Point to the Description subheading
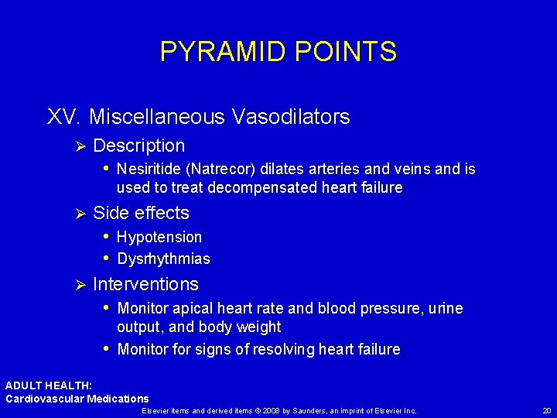(138, 146)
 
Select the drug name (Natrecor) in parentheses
(229, 169)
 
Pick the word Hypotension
(159, 237)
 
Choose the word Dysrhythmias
(163, 259)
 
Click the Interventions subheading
(145, 284)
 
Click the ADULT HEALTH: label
(49, 385)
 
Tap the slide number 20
(547, 410)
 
